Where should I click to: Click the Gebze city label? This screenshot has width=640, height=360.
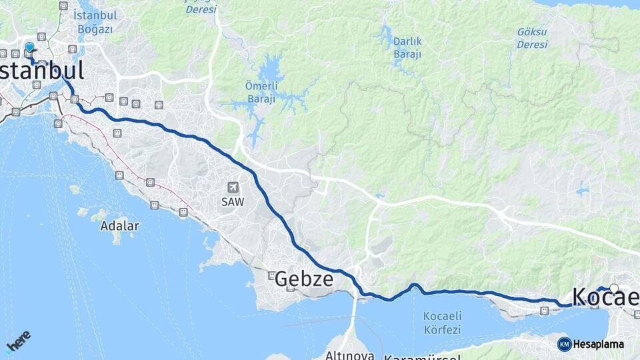(303, 279)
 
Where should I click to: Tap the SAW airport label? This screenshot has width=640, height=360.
(233, 201)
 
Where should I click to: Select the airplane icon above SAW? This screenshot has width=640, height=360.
(233, 187)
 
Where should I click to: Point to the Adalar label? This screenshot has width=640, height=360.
(119, 226)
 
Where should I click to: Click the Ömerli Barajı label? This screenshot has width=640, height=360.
(261, 93)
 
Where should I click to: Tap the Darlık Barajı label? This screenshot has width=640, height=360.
(407, 47)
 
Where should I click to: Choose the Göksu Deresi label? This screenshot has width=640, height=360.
(533, 37)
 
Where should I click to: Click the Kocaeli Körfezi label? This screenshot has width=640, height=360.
(442, 323)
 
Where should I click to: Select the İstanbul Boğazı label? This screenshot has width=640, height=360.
(96, 21)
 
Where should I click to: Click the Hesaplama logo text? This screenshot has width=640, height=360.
(598, 344)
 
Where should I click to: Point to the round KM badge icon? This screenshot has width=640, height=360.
(564, 344)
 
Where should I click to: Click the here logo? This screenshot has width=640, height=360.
(18, 341)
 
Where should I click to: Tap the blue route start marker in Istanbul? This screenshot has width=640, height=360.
(29, 48)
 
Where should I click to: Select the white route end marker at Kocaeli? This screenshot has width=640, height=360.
(614, 289)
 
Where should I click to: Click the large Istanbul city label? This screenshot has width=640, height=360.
(41, 71)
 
